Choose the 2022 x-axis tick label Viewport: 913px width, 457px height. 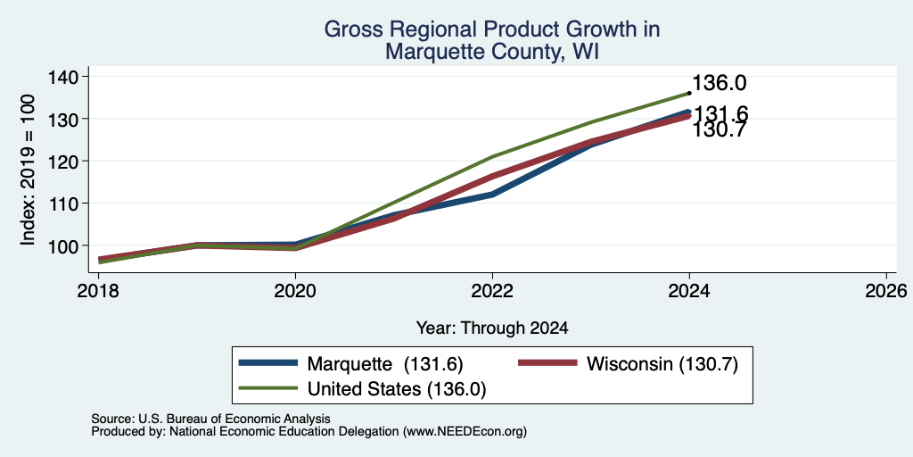[492, 290]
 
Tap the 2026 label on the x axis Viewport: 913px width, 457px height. [886, 290]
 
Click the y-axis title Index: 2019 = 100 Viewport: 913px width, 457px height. [28, 170]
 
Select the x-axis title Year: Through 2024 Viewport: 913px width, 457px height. [492, 328]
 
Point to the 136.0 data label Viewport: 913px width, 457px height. [720, 83]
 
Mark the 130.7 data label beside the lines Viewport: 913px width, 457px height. [720, 130]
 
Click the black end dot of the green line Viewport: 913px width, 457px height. [689, 93]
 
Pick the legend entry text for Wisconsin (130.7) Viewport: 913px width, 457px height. [662, 364]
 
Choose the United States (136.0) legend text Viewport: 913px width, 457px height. [397, 389]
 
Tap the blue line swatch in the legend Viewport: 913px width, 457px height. [268, 363]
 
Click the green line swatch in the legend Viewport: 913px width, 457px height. [268, 387]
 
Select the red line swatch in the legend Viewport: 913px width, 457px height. [548, 363]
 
